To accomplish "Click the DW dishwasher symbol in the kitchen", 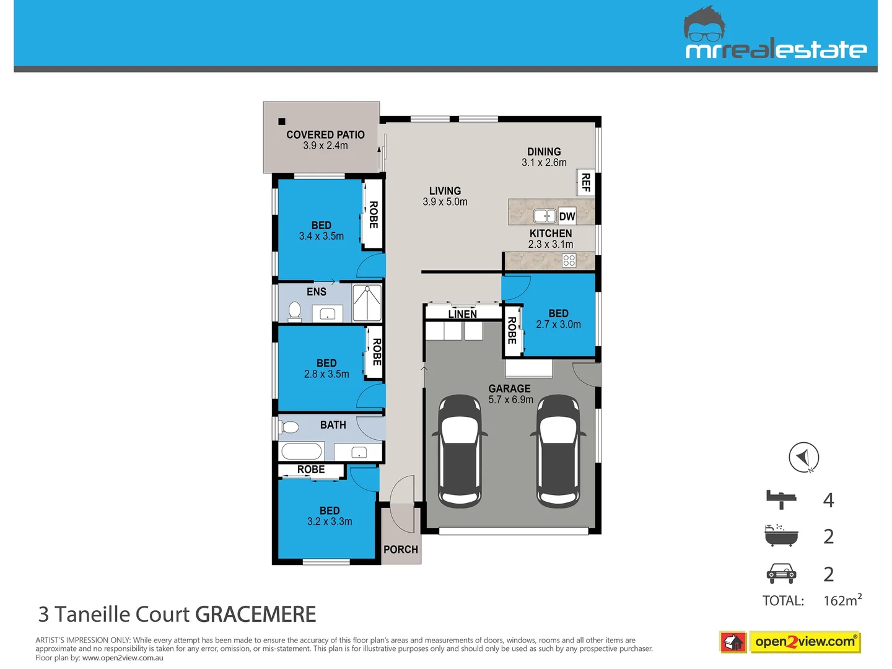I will pos(567,216).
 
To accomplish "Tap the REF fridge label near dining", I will pos(585,183).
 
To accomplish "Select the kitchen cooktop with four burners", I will pos(569,261).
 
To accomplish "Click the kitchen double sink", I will pos(545,216).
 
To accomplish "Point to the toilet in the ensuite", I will pos(295,311).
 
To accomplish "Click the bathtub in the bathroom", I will pos(301,451).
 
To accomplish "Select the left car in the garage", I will pos(460,450).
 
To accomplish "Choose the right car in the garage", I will pos(557,450).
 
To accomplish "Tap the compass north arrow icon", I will pos(803,458).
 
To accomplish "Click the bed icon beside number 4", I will pos(781,499).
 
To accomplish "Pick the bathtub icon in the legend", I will pos(781,535).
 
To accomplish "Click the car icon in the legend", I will pos(781,574).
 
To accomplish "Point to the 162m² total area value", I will pos(842,600).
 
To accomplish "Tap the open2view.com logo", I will pos(805,642).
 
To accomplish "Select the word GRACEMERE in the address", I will pos(255,614).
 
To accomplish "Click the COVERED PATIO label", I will pos(325,134).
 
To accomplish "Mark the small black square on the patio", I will pos(282,121).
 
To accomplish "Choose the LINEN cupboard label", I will pos(462,314).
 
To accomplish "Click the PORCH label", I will pos(400,549).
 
